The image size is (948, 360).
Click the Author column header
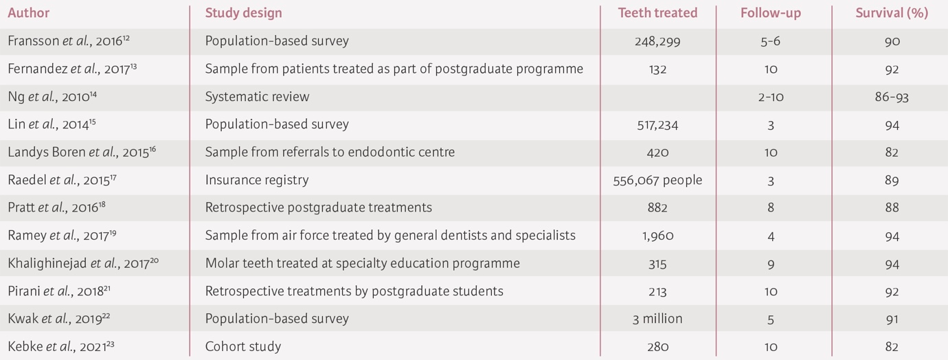tap(29, 13)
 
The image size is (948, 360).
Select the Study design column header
tap(243, 13)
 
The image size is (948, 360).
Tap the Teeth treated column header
tap(657, 13)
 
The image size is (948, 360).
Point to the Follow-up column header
tap(771, 13)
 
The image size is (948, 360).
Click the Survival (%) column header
tap(892, 13)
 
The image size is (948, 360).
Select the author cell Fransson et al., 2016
tap(69, 41)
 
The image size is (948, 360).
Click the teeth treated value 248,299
tap(657, 41)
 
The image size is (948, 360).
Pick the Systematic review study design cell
tap(257, 97)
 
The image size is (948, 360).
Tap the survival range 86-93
tap(892, 97)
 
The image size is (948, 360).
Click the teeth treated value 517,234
tap(657, 125)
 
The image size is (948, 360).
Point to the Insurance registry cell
tap(257, 180)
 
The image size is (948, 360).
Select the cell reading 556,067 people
tap(657, 180)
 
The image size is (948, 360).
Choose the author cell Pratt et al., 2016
tap(63, 207)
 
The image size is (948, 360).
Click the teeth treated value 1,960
tap(657, 236)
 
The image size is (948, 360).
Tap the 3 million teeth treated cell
tap(657, 319)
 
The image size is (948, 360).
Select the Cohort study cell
tap(243, 346)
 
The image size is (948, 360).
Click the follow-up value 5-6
tap(771, 41)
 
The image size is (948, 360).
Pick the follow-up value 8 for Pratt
tap(771, 207)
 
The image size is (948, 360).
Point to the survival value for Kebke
tap(892, 346)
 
